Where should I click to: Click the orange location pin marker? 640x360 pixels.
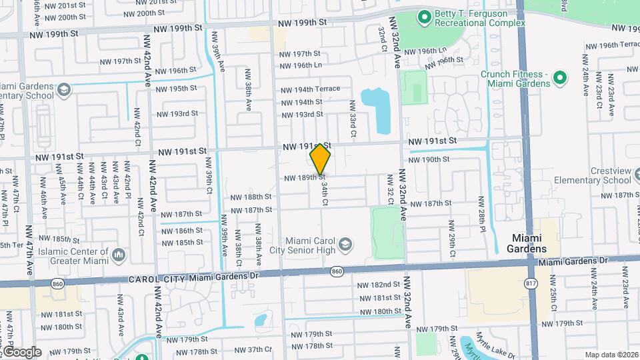321,159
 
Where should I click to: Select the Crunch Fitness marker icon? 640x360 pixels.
562,79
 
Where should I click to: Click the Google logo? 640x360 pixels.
21,351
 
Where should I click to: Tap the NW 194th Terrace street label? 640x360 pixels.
309,89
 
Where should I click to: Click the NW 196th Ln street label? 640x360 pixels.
301,65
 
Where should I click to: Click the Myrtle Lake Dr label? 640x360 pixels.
493,347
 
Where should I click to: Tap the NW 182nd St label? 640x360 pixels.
378,285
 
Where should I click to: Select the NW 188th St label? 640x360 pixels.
251,197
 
